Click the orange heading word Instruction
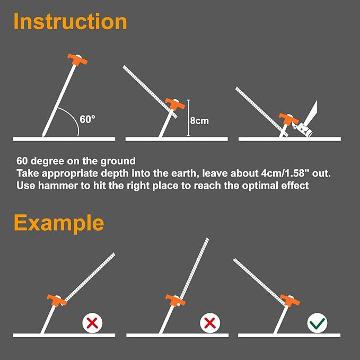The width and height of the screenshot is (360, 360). pyautogui.click(x=70, y=21)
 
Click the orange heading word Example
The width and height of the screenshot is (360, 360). pyautogui.click(x=59, y=223)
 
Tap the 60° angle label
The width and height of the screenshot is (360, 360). pyautogui.click(x=87, y=119)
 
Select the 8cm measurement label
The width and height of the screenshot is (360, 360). pyautogui.click(x=199, y=121)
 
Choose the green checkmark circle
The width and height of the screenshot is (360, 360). pyautogui.click(x=318, y=322)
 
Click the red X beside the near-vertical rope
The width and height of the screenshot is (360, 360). pyautogui.click(x=210, y=322)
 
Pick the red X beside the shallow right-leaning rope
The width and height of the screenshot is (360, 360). pyautogui.click(x=92, y=322)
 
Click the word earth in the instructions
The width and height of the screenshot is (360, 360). pyautogui.click(x=162, y=173)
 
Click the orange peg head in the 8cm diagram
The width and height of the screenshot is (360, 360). pyautogui.click(x=173, y=104)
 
